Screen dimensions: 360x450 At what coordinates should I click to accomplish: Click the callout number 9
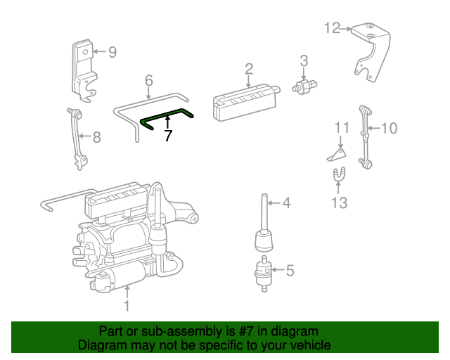coord(112,51)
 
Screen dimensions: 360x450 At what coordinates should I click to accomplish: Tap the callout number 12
coord(331,28)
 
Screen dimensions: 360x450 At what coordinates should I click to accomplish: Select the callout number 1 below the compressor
coord(127,306)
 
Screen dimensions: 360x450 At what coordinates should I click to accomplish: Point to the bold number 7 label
coord(167,136)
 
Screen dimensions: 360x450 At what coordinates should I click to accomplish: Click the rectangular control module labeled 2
coord(243,98)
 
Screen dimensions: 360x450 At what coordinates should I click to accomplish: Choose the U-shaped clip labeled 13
coord(339,174)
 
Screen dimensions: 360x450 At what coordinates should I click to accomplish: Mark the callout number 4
coord(286,204)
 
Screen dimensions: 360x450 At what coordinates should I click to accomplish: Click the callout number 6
coord(149,80)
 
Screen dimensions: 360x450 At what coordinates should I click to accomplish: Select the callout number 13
coord(340,203)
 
